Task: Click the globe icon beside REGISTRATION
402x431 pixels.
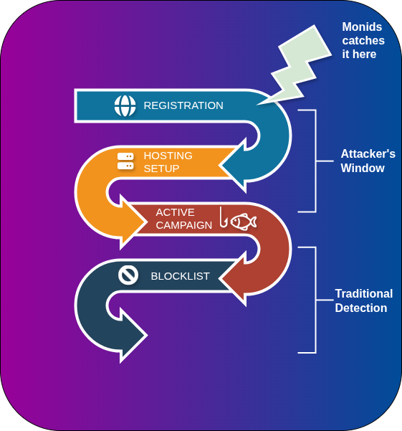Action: tap(125, 105)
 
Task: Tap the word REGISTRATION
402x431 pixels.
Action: tap(183, 105)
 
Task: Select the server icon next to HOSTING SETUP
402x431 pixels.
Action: tap(125, 161)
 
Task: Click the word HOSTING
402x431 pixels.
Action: tap(168, 155)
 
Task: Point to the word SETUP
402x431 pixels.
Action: tap(161, 169)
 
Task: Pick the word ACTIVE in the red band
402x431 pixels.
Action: tap(175, 212)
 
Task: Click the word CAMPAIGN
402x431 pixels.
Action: tap(184, 225)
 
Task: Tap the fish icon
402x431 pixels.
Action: tap(244, 221)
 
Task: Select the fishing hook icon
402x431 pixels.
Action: tap(223, 218)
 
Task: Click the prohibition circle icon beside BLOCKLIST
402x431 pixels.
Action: tap(128, 275)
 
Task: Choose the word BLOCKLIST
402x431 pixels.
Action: tap(180, 276)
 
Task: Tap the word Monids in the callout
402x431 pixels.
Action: tap(363, 27)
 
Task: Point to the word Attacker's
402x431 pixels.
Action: tap(368, 154)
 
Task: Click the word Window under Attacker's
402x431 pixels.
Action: tap(363, 169)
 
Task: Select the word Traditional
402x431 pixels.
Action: tap(363, 294)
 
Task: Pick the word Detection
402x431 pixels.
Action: tap(360, 308)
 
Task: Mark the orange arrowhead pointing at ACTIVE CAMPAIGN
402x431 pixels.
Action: tap(135, 222)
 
